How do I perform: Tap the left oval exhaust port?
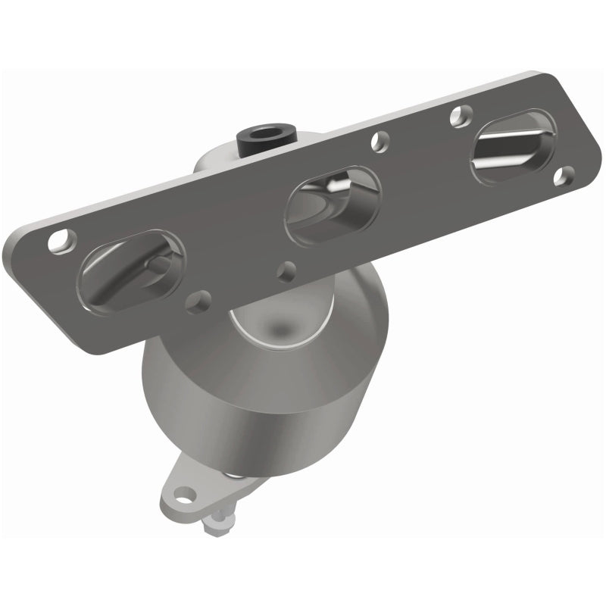pos(131,270)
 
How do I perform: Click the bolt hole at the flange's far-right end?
pos(561,176)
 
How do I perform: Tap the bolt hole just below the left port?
pos(198,301)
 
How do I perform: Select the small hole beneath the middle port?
pos(286,269)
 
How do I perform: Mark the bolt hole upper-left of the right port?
pos(457,115)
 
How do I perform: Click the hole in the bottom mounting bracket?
pos(182,497)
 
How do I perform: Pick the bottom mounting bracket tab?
pos(189,489)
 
